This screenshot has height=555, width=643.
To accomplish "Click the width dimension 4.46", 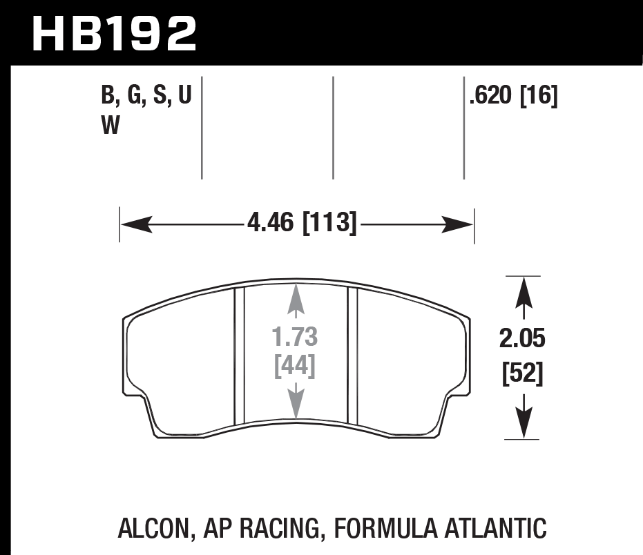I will pos(271,224).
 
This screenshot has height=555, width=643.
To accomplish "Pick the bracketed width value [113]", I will pos(329,224).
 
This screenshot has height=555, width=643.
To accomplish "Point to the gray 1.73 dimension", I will pos(296,338).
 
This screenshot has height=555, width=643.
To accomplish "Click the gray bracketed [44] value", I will pos(296,366).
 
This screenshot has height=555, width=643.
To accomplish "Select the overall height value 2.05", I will pos(522,339).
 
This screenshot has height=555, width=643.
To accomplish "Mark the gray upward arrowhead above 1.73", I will pos(296,295).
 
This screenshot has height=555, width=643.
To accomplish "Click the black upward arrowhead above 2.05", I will pos(523,290).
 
